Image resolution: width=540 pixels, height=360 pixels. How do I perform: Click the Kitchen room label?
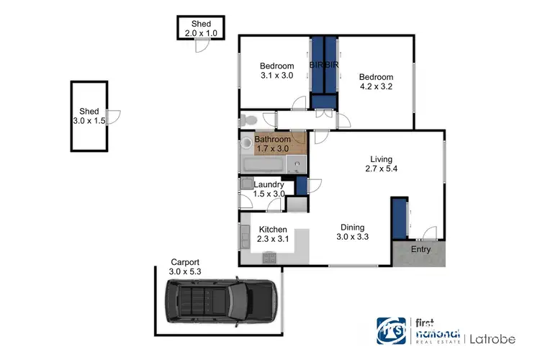273,230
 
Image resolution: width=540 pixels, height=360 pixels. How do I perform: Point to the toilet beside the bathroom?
248,120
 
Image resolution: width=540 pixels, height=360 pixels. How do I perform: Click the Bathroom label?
273,139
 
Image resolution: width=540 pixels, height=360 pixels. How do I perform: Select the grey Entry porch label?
420,249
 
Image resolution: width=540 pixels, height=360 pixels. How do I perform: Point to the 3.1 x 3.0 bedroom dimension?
276,75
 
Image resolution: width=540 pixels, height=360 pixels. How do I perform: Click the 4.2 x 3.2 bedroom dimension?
377,86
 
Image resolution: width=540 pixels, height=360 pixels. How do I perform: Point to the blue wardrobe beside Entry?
398,216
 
